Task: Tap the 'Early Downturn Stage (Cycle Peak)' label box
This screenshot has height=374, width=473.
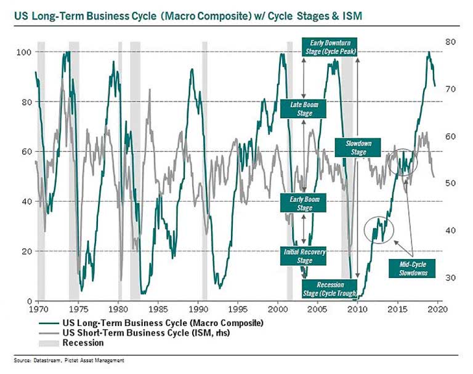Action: (329, 47)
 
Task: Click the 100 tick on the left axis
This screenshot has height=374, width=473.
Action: (23, 52)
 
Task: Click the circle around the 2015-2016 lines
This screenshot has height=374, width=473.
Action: (403, 162)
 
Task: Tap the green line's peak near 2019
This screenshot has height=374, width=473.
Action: (428, 53)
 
